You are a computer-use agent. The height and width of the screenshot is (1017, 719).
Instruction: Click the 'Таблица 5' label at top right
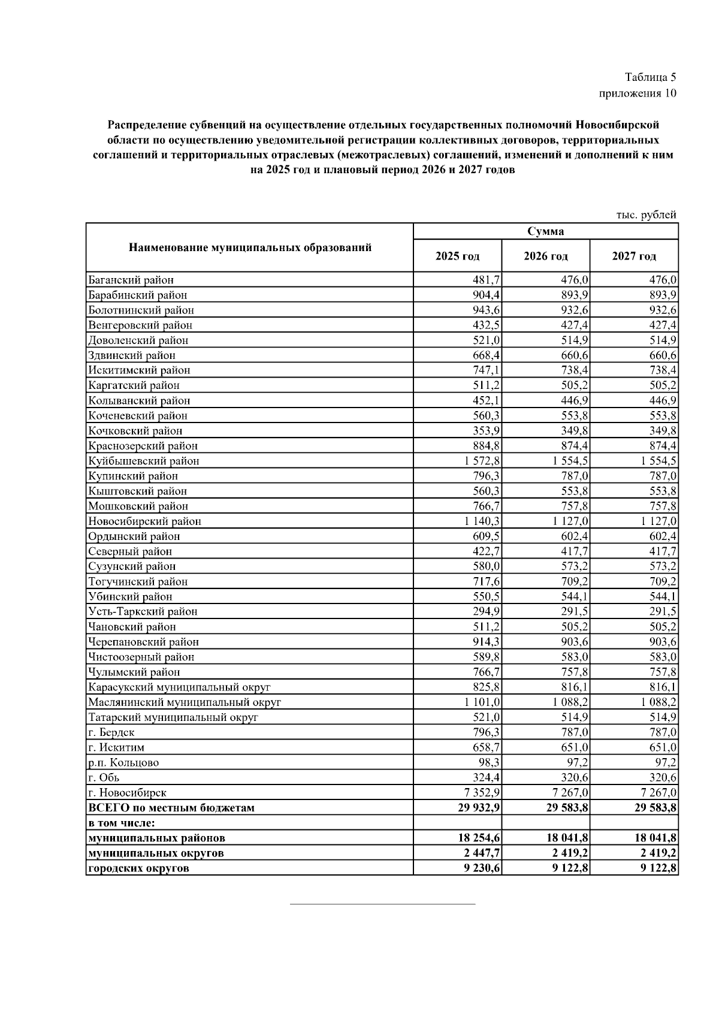pos(650,77)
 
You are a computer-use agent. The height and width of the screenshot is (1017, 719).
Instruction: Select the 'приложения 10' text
pos(638,93)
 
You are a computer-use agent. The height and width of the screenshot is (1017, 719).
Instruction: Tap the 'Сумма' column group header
pos(545,231)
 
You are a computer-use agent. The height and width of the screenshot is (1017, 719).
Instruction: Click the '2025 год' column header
pos(457,256)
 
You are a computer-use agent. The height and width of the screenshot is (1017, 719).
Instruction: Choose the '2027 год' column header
pos(634,256)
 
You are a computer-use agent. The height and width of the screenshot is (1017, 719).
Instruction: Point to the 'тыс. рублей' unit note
pos(647,215)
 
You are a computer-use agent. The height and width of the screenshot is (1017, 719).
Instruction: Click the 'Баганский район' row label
pos(131,280)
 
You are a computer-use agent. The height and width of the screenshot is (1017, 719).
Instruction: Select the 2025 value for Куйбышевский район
pos(482,461)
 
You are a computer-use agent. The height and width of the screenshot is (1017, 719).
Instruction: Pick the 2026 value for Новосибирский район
pos(570,521)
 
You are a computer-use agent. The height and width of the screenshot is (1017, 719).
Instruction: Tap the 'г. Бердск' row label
pos(111,732)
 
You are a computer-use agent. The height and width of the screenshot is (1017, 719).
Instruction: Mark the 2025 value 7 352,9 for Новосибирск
pos(482,793)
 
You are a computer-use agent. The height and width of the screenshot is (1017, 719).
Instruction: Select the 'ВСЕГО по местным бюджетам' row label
pos(171,808)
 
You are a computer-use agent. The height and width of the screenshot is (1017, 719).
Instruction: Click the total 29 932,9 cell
pos(479,808)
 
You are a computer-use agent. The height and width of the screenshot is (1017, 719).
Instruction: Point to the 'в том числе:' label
pos(122,823)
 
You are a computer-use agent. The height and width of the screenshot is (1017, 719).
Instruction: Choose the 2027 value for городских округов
pos(658,868)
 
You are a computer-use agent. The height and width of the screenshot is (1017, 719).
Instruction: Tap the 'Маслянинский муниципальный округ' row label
pos(185,702)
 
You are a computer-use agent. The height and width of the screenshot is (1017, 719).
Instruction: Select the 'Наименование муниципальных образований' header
pos(250,248)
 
